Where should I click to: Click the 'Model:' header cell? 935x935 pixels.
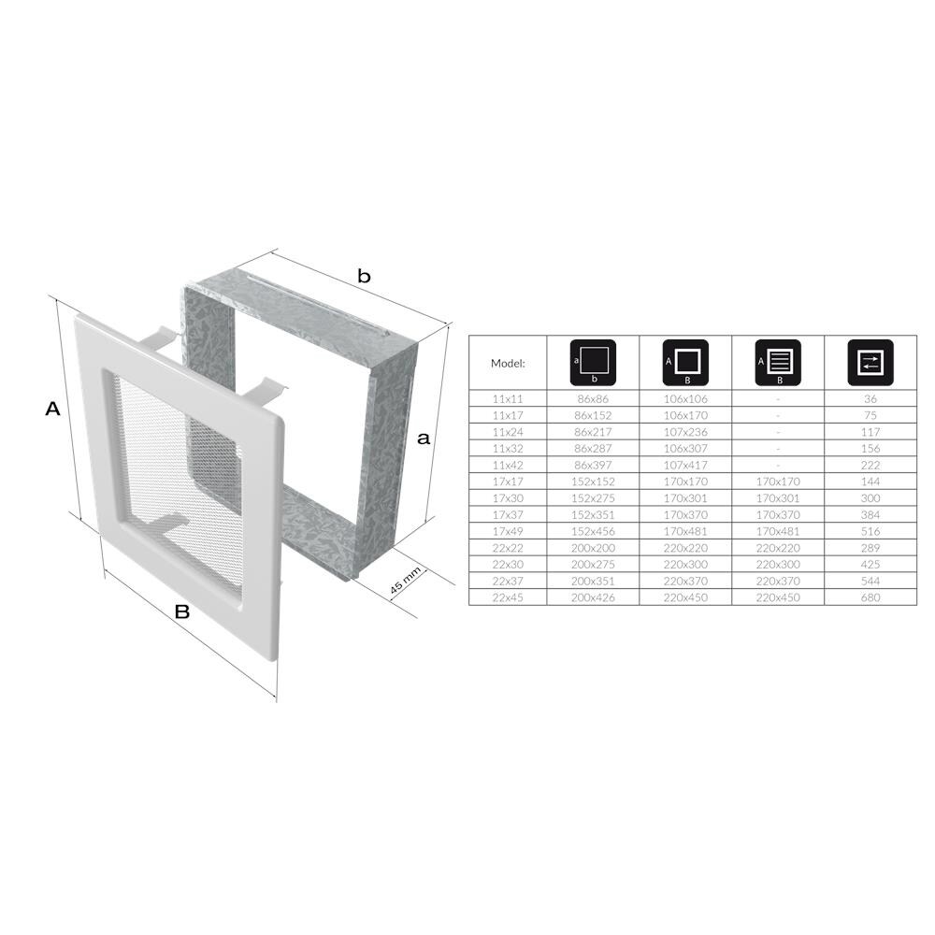pyautogui.click(x=508, y=363)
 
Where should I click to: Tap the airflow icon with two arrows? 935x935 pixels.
pyautogui.click(x=870, y=363)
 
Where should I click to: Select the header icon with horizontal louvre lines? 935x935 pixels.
pyautogui.click(x=778, y=363)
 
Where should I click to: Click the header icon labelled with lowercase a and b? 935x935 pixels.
pyautogui.click(x=593, y=363)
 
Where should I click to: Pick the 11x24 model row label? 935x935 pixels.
pyautogui.click(x=508, y=431)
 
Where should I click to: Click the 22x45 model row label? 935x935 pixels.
pyautogui.click(x=508, y=597)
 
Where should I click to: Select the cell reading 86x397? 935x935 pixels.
pyautogui.click(x=593, y=464)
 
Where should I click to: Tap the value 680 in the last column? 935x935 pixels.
pyautogui.click(x=870, y=597)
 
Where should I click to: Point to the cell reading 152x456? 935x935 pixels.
pyautogui.click(x=593, y=530)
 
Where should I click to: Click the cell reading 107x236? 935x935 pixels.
pyautogui.click(x=685, y=431)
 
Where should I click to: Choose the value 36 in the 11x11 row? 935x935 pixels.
pyautogui.click(x=870, y=397)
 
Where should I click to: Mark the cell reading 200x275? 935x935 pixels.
pyautogui.click(x=593, y=564)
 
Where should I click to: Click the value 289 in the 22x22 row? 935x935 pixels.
pyautogui.click(x=870, y=547)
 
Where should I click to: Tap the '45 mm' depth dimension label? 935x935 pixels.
pyautogui.click(x=405, y=582)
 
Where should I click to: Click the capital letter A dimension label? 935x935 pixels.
pyautogui.click(x=52, y=409)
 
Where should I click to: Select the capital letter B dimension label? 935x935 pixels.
pyautogui.click(x=182, y=612)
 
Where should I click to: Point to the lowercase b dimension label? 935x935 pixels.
pyautogui.click(x=365, y=276)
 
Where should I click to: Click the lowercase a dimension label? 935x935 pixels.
pyautogui.click(x=424, y=438)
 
